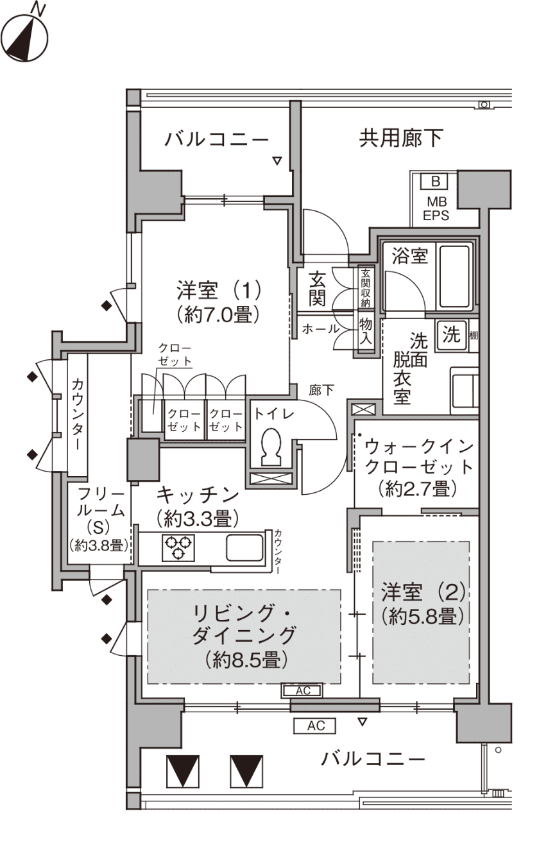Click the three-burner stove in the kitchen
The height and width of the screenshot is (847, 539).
[x=178, y=547]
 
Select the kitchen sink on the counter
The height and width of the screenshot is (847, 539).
[x=244, y=547]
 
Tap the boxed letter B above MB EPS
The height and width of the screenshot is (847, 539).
[x=435, y=182]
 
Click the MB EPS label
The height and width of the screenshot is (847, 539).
[x=436, y=209]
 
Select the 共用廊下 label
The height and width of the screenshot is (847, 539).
[x=401, y=139]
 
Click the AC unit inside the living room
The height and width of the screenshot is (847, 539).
[x=302, y=691]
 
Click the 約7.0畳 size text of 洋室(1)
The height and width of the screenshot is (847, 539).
[x=218, y=314]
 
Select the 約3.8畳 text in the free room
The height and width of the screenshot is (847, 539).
[x=99, y=545]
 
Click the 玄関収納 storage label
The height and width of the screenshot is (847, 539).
[x=365, y=288]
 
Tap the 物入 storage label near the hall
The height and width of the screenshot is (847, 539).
[x=365, y=331]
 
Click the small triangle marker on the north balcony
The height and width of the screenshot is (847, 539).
[x=278, y=161]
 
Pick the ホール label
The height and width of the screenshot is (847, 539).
[x=320, y=329]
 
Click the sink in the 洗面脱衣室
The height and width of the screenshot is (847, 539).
[x=464, y=390]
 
